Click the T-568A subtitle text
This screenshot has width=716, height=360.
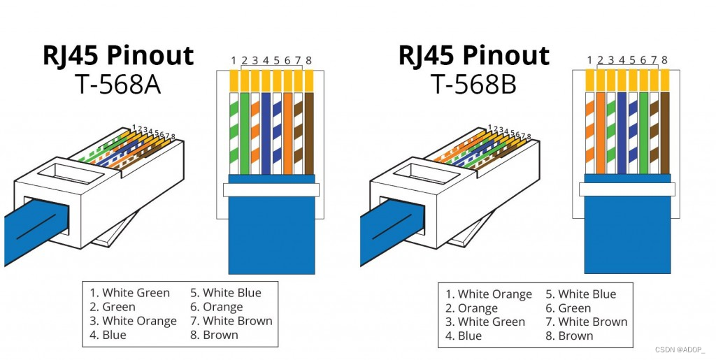pyautogui.click(x=117, y=84)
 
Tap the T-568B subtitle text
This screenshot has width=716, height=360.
pyautogui.click(x=473, y=84)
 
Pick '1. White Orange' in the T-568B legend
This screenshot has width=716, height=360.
pyautogui.click(x=489, y=294)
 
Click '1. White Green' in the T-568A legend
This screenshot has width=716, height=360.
pyautogui.click(x=129, y=293)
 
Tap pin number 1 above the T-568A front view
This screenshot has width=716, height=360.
pyautogui.click(x=234, y=61)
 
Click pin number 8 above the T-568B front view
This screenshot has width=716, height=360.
pyautogui.click(x=664, y=60)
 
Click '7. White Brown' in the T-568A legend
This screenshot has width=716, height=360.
pyautogui.click(x=231, y=321)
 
